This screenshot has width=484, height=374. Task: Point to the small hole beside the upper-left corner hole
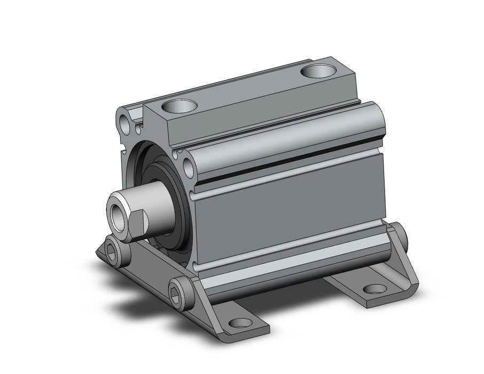click(x=138, y=128)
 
